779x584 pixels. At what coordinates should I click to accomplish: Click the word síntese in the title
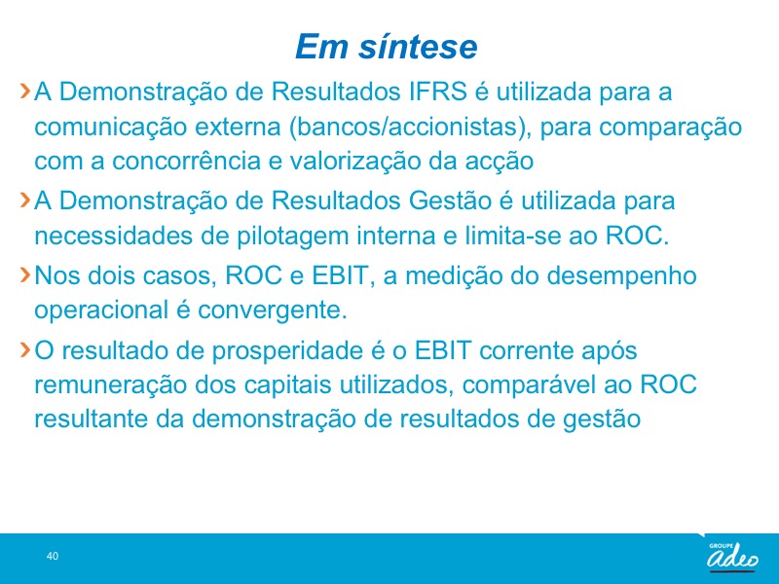(418, 46)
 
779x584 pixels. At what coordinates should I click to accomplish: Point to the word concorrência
(186, 161)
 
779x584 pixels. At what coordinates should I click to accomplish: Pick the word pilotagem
(292, 236)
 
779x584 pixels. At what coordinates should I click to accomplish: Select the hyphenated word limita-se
(513, 236)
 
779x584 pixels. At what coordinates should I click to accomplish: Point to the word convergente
(273, 310)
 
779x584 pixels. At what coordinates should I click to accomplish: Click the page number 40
(53, 556)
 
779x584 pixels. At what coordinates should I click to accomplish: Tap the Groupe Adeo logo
(733, 556)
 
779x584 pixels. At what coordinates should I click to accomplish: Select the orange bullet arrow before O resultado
(25, 349)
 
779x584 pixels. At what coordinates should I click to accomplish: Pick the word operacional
(101, 310)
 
